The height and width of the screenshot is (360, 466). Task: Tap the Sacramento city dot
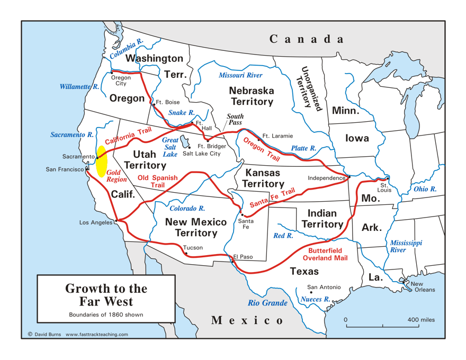(x=97, y=157)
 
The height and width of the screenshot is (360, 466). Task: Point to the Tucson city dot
(x=186, y=254)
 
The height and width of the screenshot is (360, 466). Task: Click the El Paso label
(x=243, y=257)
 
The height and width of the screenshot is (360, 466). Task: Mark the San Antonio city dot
(x=311, y=292)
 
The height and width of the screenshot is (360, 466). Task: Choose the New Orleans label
(x=423, y=286)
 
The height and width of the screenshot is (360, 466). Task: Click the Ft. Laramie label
(x=277, y=136)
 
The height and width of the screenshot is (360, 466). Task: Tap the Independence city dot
(x=349, y=177)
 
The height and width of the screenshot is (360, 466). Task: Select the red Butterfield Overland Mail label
(x=325, y=254)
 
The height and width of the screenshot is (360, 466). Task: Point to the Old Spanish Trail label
(x=157, y=181)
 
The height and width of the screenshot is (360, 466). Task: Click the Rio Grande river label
(x=267, y=303)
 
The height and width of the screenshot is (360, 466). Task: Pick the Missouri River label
(x=240, y=75)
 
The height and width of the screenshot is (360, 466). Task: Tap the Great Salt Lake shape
(x=184, y=141)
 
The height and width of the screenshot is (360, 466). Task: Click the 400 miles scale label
(x=421, y=320)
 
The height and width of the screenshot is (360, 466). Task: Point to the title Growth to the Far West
(x=106, y=295)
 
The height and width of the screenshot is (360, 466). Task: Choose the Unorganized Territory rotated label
(x=310, y=88)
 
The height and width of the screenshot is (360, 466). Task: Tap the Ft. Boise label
(x=167, y=102)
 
